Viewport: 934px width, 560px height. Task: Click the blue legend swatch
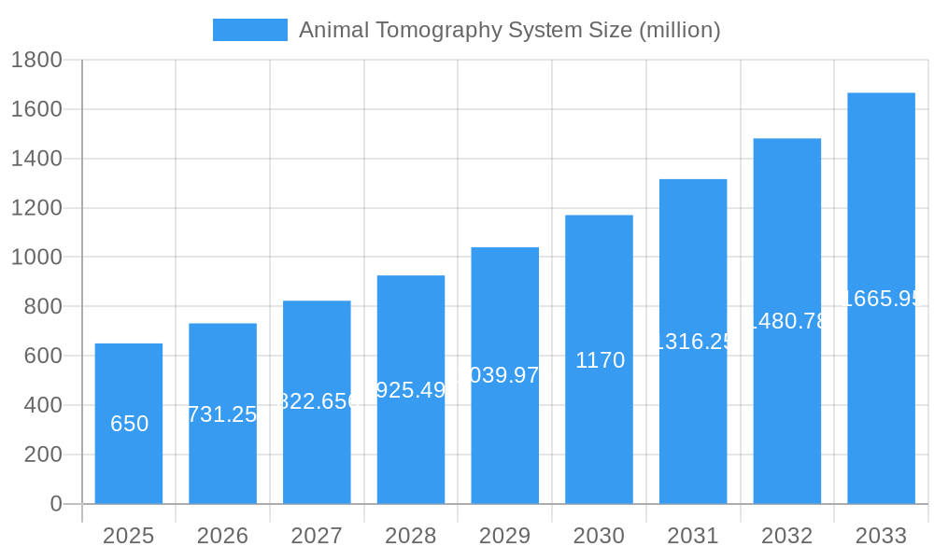249,30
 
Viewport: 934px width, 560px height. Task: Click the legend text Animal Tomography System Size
509,30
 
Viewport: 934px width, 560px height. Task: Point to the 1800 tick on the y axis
36,61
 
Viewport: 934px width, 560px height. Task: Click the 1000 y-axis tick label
36,258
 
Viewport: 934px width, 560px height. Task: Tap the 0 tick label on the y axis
55,504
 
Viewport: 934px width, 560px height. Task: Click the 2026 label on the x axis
222,536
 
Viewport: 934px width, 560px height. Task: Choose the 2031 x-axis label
693,536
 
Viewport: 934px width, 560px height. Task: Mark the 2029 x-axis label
504,536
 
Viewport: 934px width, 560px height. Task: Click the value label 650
129,424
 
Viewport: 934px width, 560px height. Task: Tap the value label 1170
600,360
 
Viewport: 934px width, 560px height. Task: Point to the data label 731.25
222,414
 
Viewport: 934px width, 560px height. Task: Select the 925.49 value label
411,390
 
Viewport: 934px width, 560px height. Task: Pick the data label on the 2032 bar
787,321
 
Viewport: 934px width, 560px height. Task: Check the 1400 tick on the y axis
36,159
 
